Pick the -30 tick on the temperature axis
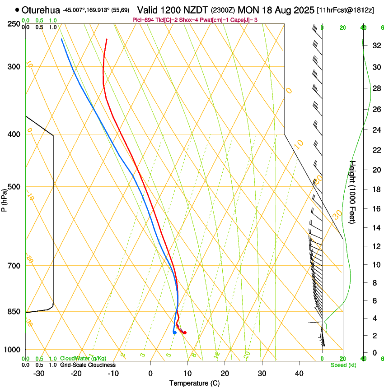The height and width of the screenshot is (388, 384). point(39,374)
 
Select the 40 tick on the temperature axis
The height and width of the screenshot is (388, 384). point(299,374)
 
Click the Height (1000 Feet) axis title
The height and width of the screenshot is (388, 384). point(353,192)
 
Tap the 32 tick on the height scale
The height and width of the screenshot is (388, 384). point(376,46)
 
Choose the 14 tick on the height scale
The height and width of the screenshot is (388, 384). point(376,228)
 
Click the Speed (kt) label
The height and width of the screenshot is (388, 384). point(343,365)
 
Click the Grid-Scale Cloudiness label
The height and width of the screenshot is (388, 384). point(88,365)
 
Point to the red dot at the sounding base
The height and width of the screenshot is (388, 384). point(185,333)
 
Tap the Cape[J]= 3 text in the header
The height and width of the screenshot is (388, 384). point(270,20)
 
